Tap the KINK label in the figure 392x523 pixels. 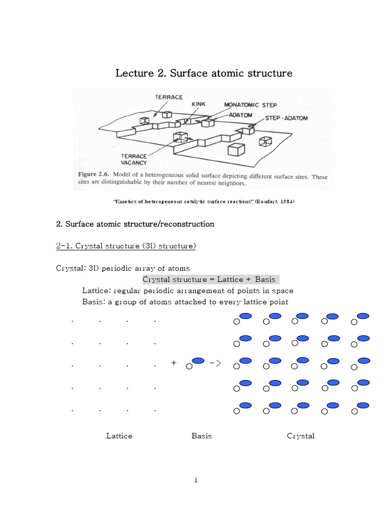198,104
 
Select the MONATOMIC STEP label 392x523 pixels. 251,105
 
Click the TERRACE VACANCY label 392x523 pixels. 134,159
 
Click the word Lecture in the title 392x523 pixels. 134,73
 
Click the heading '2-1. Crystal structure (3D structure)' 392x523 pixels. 126,246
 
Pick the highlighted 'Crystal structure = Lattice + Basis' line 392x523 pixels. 209,279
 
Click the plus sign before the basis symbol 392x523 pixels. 174,363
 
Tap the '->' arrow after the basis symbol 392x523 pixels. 215,363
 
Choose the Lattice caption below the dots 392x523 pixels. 119,436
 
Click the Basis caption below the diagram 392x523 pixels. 202,436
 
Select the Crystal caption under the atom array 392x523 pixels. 301,436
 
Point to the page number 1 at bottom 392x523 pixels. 195,480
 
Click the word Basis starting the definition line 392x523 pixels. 93,302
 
